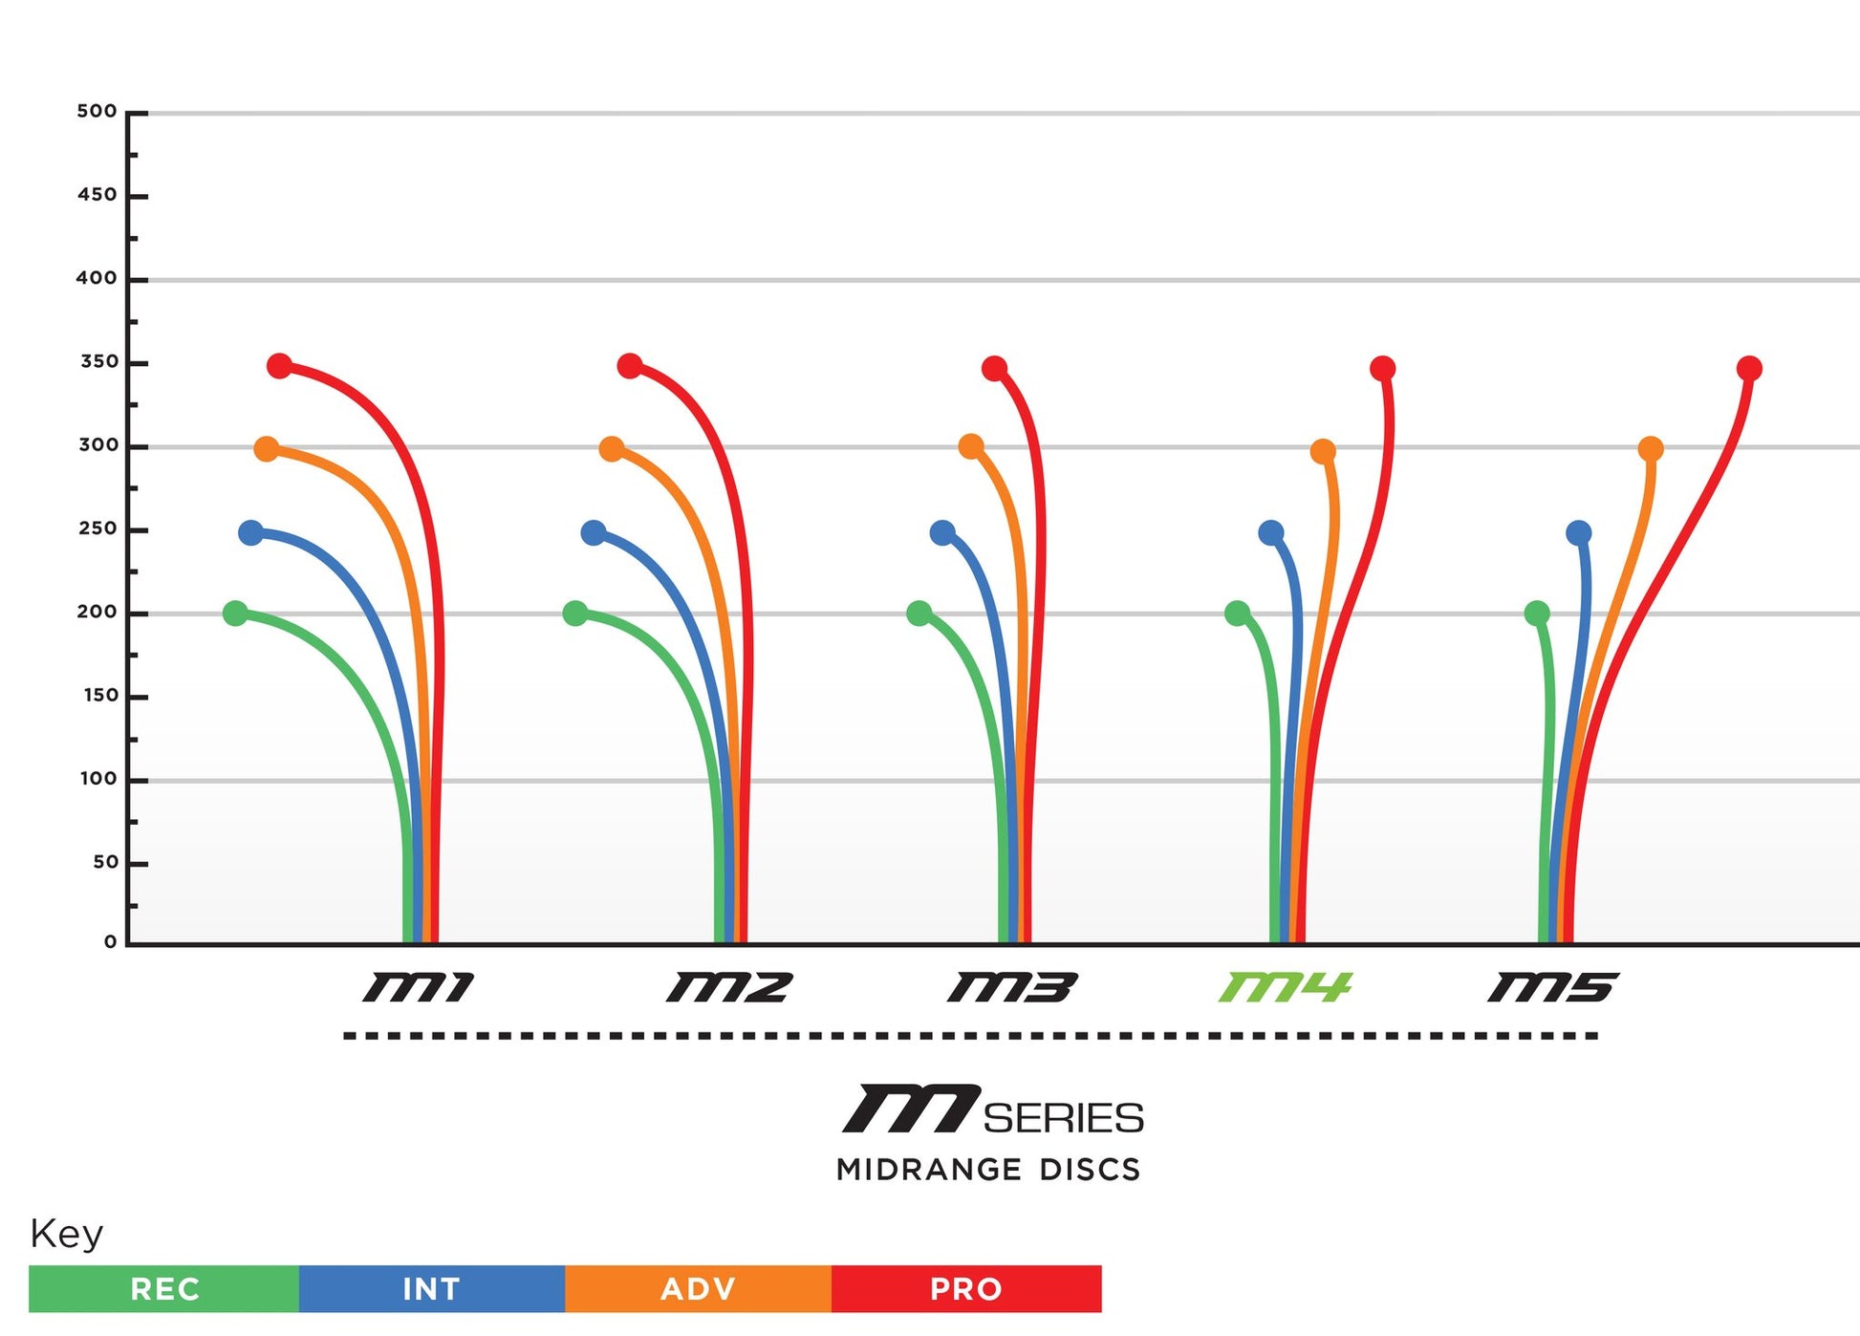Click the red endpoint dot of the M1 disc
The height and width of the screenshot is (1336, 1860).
click(x=279, y=366)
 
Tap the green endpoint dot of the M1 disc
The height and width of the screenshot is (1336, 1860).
click(x=235, y=614)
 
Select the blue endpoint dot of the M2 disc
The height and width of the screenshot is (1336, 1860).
click(x=594, y=533)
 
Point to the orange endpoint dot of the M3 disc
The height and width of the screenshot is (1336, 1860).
click(x=971, y=446)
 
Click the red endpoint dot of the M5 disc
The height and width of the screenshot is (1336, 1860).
click(x=1749, y=369)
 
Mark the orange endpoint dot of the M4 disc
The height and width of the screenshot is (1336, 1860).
click(x=1323, y=451)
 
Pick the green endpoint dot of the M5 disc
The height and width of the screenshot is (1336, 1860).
click(x=1537, y=614)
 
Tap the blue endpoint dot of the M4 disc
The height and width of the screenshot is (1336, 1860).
click(x=1271, y=533)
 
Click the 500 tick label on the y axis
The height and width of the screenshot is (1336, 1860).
click(x=97, y=112)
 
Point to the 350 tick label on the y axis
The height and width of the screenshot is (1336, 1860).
click(x=99, y=362)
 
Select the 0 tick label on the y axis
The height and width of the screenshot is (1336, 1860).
click(x=111, y=942)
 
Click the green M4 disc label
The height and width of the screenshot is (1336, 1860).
click(x=1285, y=987)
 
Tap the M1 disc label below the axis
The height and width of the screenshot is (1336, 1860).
click(x=419, y=987)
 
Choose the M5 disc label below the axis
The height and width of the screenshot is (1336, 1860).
click(x=1553, y=987)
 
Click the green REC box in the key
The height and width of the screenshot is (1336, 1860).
click(x=164, y=1289)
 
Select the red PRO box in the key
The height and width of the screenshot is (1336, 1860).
click(x=966, y=1289)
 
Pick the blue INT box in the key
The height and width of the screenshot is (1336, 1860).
click(x=431, y=1289)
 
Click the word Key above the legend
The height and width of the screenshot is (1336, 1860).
click(x=66, y=1234)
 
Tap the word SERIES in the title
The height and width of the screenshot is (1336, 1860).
click(x=1063, y=1118)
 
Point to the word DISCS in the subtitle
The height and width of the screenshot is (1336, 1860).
click(x=1090, y=1170)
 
